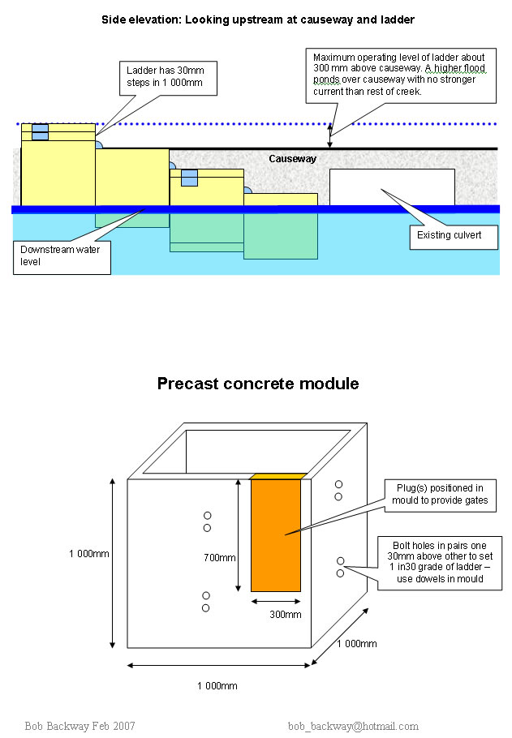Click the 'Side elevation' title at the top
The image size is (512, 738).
point(257,19)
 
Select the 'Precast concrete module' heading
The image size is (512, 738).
point(257,383)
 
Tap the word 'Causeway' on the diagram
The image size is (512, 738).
point(292,159)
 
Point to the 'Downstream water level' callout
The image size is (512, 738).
point(62,255)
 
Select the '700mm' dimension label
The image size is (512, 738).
point(219,557)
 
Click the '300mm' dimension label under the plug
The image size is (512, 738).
point(285,615)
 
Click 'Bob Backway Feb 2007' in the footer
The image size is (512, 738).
point(80,725)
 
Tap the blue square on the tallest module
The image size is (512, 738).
point(40,133)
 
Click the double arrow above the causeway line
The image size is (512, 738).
point(330,135)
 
